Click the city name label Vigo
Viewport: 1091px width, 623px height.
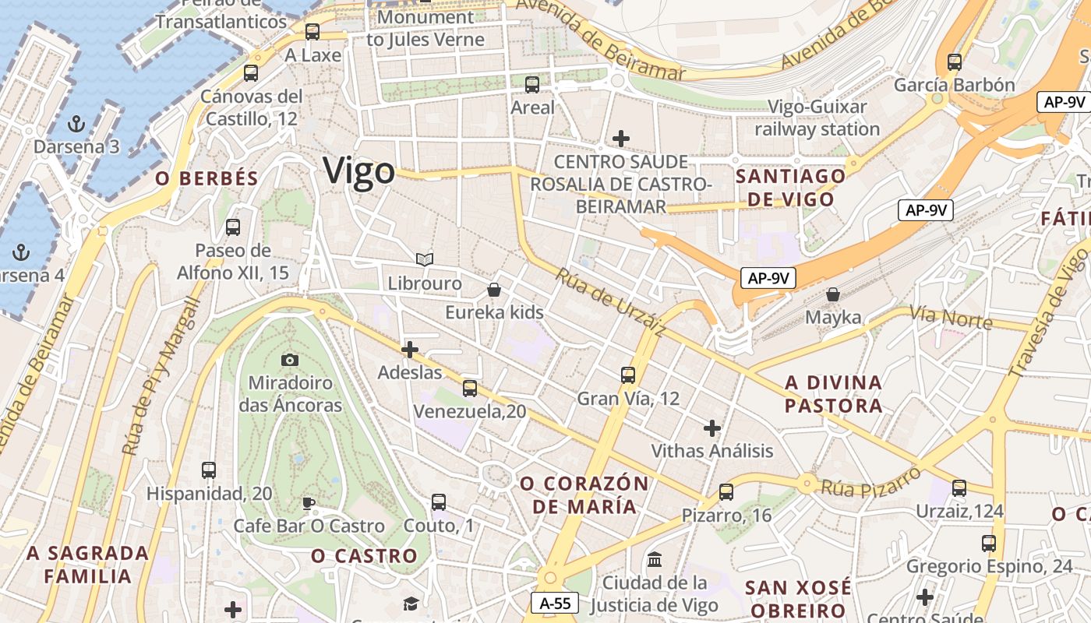[359, 171]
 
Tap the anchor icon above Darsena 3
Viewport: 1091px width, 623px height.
[76, 123]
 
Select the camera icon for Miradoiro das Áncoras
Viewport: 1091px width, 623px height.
[290, 360]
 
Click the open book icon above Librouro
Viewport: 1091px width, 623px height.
[425, 259]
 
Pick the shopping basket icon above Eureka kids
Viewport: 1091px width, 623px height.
[494, 290]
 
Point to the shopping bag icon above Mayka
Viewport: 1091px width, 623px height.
[833, 294]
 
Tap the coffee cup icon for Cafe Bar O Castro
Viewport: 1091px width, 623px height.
[309, 503]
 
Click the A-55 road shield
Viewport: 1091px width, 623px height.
[555, 602]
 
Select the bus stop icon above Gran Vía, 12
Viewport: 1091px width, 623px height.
[628, 375]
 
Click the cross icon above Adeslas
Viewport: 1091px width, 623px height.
[410, 350]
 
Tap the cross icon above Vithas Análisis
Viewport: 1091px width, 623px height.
[712, 428]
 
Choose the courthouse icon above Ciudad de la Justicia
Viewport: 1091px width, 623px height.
[655, 559]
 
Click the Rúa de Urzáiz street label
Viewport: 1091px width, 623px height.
[611, 302]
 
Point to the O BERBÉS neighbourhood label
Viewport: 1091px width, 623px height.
[207, 178]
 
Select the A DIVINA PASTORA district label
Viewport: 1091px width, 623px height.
[834, 394]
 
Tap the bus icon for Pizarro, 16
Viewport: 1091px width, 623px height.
[726, 492]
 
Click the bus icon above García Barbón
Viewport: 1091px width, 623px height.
[955, 62]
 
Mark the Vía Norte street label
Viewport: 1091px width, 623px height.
[951, 317]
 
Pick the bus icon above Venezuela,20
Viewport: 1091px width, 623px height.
[470, 388]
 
